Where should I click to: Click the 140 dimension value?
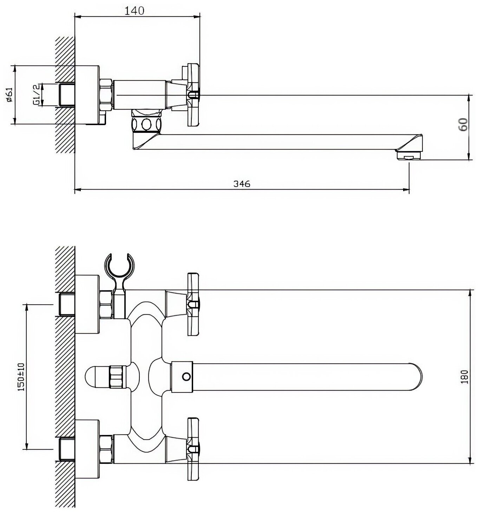point(134,11)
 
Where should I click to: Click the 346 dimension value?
point(242,184)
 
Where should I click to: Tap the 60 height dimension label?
point(464,124)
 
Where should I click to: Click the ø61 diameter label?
point(9,95)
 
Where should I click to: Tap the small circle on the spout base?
point(186,377)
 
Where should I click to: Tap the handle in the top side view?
point(193,95)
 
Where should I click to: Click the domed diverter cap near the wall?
point(97,377)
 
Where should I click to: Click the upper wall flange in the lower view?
point(87,304)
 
